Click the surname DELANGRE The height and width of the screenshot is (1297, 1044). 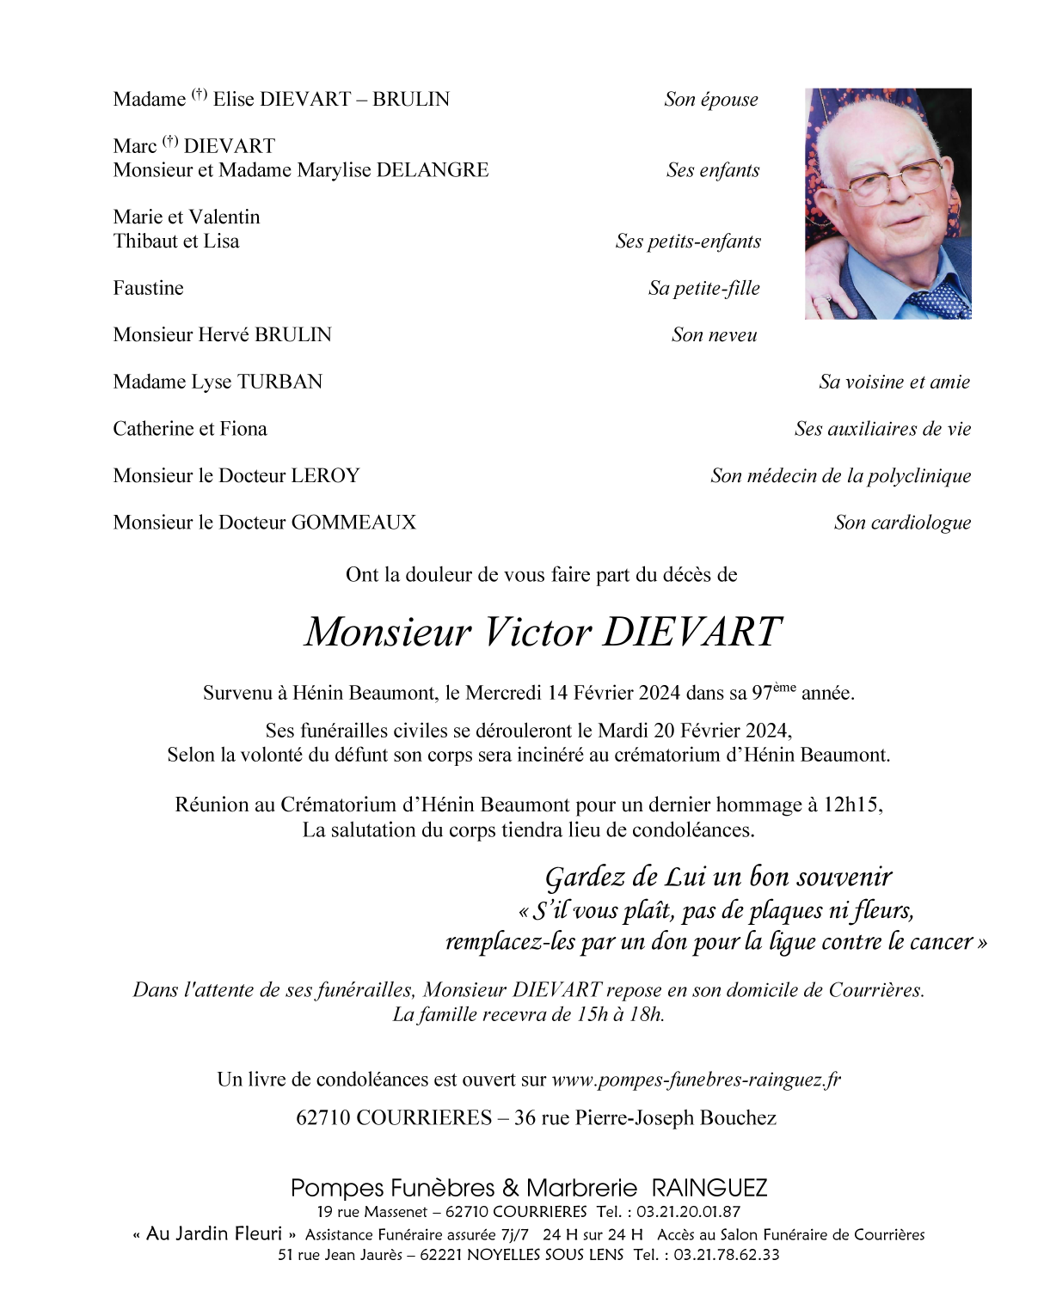(436, 170)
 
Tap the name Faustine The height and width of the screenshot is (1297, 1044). (148, 288)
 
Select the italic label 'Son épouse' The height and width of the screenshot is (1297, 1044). (711, 100)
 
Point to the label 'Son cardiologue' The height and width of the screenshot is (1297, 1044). (902, 523)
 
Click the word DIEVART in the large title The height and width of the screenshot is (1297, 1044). (691, 633)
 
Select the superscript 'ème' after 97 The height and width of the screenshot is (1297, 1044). (784, 688)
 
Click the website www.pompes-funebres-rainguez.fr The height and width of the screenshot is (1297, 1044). (696, 1080)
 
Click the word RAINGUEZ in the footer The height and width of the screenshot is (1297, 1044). (709, 1188)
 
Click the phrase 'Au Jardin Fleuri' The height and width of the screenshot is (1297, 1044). (214, 1234)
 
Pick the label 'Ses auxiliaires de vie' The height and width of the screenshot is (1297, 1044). (882, 429)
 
